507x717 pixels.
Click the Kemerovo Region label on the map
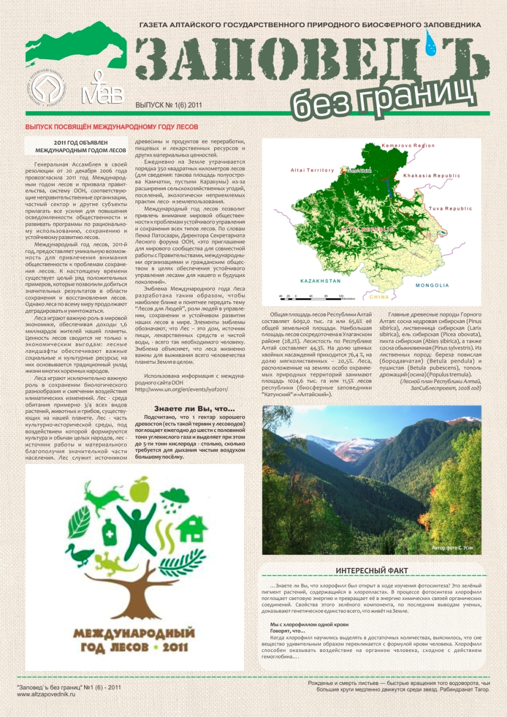(x=408, y=146)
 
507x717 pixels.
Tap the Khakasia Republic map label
(x=432, y=176)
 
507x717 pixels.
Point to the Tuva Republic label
(x=450, y=209)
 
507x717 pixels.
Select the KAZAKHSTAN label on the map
(x=320, y=281)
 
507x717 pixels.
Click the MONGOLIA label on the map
(x=432, y=285)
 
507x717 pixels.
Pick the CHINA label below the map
(x=379, y=297)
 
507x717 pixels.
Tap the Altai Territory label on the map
(x=312, y=170)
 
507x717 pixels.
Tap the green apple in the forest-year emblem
(x=140, y=488)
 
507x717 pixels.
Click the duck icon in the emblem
(x=86, y=555)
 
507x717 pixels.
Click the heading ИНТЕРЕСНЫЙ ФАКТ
(x=371, y=570)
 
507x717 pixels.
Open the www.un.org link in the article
(x=181, y=389)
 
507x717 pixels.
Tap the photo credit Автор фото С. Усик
(x=452, y=548)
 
